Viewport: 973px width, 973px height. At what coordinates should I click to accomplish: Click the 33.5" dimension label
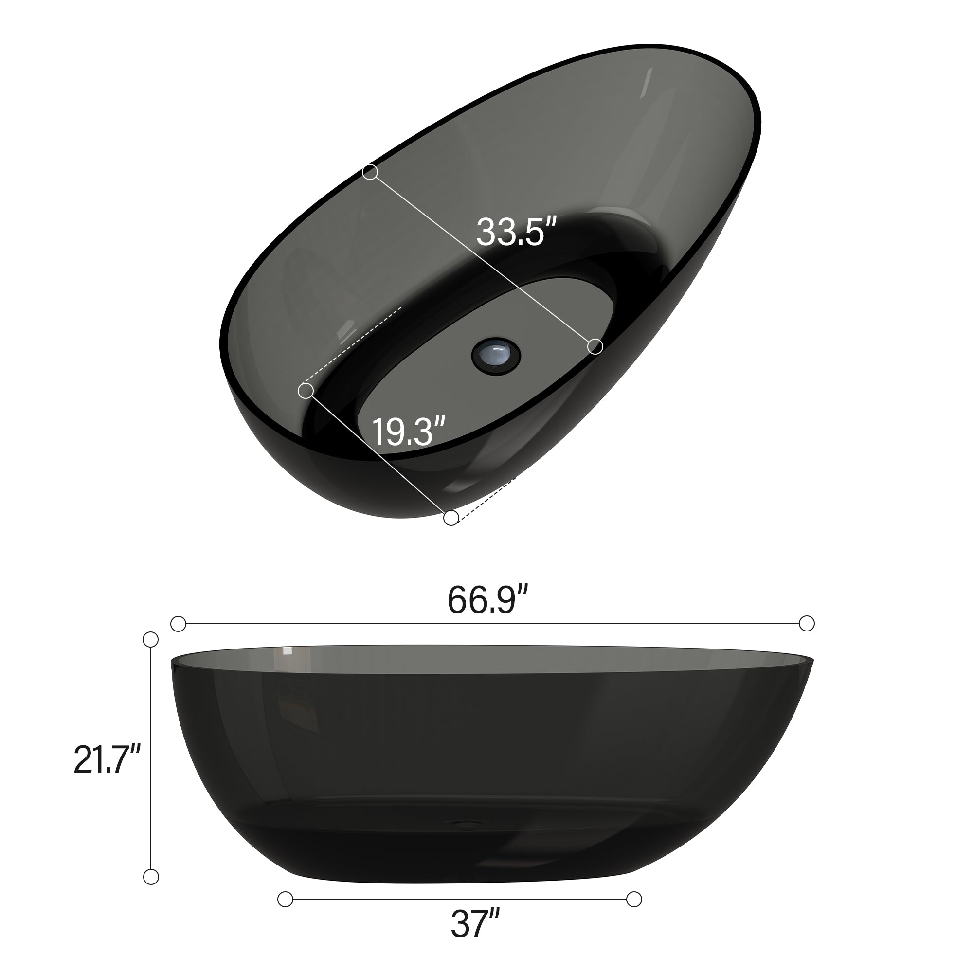click(516, 232)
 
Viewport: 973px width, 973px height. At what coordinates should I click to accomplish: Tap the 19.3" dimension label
click(409, 431)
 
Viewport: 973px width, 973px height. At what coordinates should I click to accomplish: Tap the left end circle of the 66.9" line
click(178, 624)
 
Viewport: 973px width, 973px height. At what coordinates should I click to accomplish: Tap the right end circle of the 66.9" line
click(807, 624)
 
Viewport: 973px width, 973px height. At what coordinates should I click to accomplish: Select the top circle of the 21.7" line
click(151, 640)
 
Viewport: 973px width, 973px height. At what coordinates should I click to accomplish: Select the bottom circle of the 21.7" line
click(151, 877)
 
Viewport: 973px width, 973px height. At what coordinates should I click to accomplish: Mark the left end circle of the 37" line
click(285, 899)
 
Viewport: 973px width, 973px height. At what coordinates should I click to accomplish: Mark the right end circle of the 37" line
click(634, 899)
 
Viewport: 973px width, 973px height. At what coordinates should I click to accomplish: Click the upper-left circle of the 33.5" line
click(370, 172)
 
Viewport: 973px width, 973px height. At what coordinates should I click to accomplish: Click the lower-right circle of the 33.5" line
click(595, 346)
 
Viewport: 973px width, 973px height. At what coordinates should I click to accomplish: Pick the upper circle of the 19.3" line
click(306, 391)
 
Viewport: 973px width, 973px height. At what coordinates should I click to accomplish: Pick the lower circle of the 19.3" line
click(451, 517)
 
